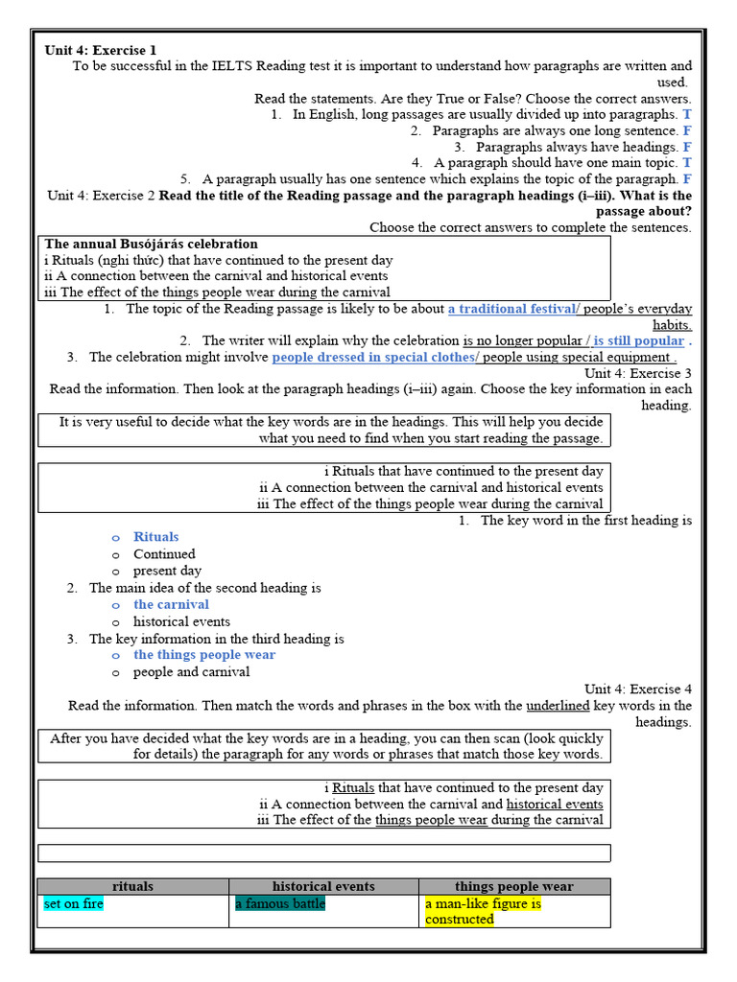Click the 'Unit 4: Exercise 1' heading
tap(100, 50)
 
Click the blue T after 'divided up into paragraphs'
tap(687, 114)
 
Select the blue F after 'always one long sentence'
tap(687, 130)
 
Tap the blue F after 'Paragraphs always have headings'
tap(687, 147)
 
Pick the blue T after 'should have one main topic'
tap(687, 163)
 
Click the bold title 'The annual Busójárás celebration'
tap(151, 244)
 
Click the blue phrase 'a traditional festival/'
tap(513, 309)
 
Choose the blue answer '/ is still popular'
tap(635, 340)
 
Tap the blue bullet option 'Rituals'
tap(156, 537)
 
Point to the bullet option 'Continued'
tap(164, 553)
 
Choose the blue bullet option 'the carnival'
tap(171, 604)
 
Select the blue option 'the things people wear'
tap(204, 655)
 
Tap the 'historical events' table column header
tap(323, 886)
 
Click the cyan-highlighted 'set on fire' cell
tap(74, 903)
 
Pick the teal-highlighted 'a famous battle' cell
tap(280, 903)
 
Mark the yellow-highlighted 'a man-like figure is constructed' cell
tap(483, 911)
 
